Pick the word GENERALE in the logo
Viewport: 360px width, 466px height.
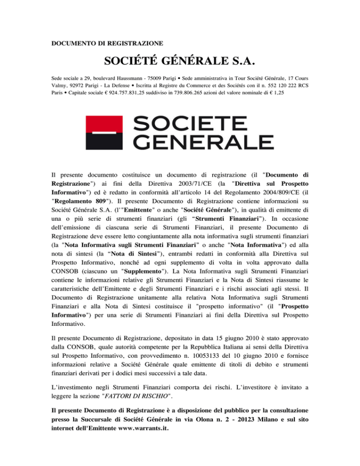click(203, 141)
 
